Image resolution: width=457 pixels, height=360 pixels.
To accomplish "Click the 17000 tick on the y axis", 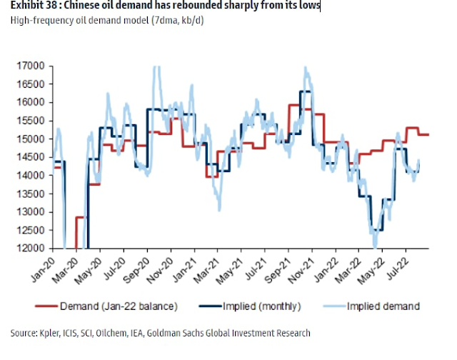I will click(x=32, y=66).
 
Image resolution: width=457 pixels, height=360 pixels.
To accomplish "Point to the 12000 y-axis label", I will click(x=32, y=249).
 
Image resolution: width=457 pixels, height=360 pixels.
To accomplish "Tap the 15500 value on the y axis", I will click(x=32, y=121).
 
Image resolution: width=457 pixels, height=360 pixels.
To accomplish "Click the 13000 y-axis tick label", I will click(x=32, y=212).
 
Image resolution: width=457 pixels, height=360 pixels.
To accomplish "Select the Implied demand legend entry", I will click(x=382, y=306).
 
